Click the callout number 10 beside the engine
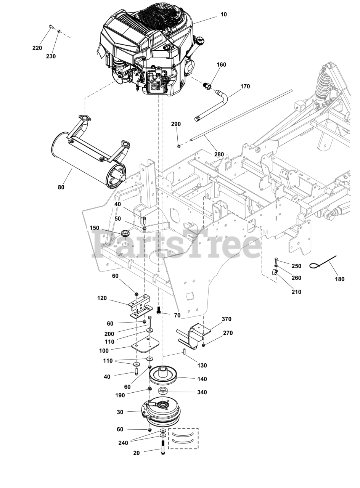click(x=223, y=14)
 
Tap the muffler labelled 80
click(x=88, y=160)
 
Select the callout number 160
click(x=221, y=65)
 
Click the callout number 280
click(x=219, y=154)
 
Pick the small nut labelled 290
click(x=179, y=146)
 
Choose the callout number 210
click(x=296, y=292)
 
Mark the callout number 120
click(x=102, y=298)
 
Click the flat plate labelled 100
click(x=145, y=345)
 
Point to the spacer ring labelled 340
click(x=163, y=391)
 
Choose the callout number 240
click(x=123, y=443)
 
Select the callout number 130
click(x=202, y=365)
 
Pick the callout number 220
click(x=37, y=48)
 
